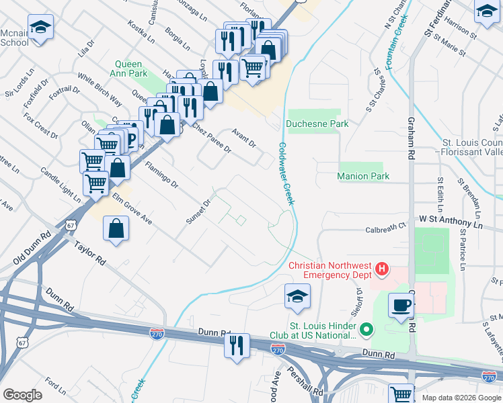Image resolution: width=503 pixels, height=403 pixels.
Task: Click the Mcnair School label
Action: pyautogui.click(x=14, y=38)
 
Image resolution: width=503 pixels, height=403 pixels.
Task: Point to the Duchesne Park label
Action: pyautogui.click(x=317, y=124)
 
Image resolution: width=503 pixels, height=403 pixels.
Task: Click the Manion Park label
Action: pyautogui.click(x=363, y=176)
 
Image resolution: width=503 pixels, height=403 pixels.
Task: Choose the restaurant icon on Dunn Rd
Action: pyautogui.click(x=236, y=345)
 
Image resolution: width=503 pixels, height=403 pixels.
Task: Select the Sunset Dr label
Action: pyautogui.click(x=199, y=211)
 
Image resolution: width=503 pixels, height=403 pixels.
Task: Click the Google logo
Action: pyautogui.click(x=23, y=394)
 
